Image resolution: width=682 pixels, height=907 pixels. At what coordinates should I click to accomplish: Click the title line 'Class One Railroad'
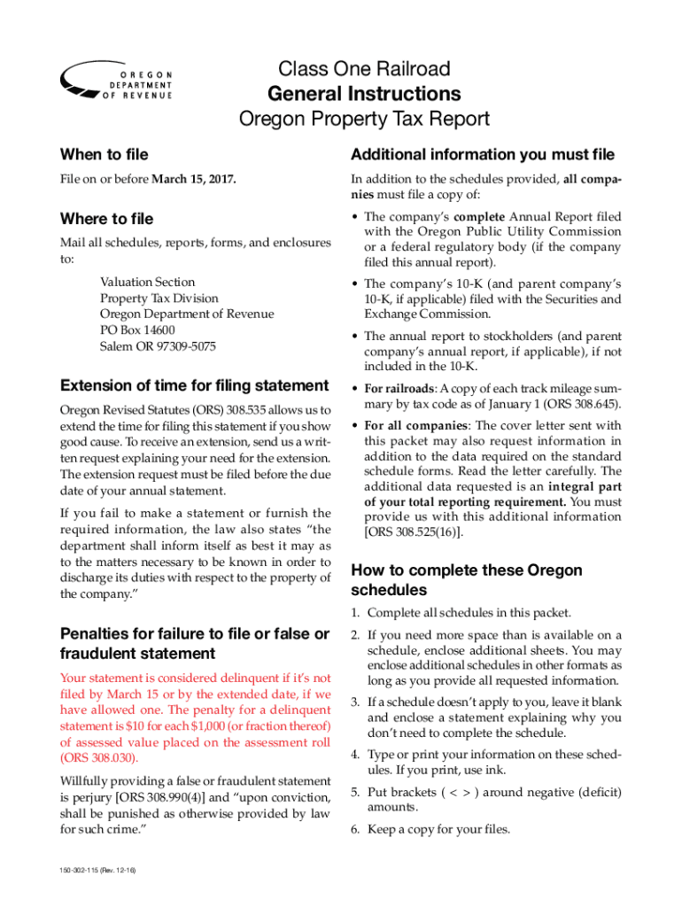point(364,68)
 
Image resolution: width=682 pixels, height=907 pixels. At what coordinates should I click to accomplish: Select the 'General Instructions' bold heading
point(364,94)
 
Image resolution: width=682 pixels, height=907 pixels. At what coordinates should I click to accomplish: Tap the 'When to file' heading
point(104,155)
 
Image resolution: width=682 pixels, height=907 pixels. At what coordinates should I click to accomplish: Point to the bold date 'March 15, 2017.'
point(194,181)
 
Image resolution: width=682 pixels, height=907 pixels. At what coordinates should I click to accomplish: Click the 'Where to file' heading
point(106,219)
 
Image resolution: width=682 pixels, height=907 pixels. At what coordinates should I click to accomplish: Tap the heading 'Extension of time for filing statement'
point(193,386)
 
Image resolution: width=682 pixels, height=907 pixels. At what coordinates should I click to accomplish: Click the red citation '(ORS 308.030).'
point(100,758)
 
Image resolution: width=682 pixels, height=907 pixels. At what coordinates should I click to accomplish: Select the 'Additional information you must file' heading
point(483,155)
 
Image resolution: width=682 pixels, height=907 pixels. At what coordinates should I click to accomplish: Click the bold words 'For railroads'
point(399,388)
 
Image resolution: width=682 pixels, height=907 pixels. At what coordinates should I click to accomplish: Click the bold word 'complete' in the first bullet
point(480,217)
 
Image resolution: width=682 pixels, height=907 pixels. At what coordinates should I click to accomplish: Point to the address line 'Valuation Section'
point(147,283)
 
